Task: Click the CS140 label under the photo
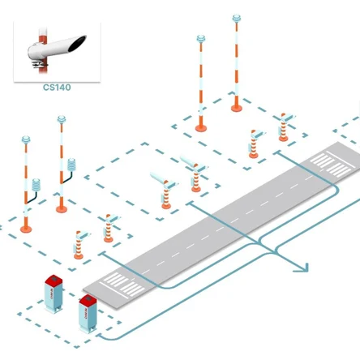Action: (x=57, y=88)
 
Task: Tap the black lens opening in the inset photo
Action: (x=77, y=44)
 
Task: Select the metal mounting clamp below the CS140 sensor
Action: (x=40, y=64)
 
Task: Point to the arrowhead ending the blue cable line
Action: (x=303, y=268)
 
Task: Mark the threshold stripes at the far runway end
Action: (x=332, y=163)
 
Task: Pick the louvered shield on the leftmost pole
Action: (x=36, y=185)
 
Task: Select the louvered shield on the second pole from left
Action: (x=71, y=165)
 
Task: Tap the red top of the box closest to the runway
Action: (x=88, y=300)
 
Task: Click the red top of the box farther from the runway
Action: (x=54, y=280)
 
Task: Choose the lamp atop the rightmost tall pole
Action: (x=237, y=19)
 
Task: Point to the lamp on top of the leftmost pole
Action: (x=26, y=139)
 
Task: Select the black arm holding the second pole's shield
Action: (x=67, y=178)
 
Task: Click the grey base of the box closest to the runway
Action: (x=88, y=329)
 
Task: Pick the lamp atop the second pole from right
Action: (x=201, y=39)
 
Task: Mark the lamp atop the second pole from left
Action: (x=62, y=119)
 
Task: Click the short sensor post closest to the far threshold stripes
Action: (x=283, y=127)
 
